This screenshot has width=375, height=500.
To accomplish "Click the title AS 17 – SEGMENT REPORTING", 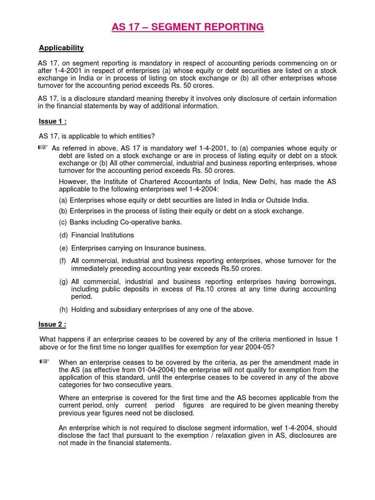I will coord(187,27).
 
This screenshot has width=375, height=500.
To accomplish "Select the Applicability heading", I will coord(61,48).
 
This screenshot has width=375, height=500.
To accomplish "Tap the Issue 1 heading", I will coord(52,122).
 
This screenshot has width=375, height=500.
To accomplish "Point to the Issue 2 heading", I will coord(52,325).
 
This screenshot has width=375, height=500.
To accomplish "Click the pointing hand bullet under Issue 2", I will coord(44,361).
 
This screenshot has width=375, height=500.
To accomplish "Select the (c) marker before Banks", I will coord(63,222).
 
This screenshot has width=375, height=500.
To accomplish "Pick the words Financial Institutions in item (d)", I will coord(102,235).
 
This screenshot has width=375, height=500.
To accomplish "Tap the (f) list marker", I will coord(63,261).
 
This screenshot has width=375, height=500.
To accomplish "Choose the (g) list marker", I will coord(63,282).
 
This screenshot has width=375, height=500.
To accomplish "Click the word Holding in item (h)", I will coord(83,310).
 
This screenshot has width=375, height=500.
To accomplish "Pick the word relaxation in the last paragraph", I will coord(258,436).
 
